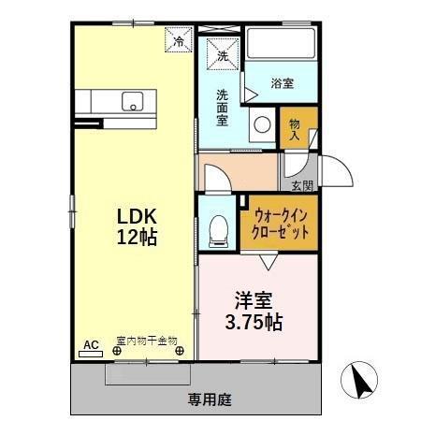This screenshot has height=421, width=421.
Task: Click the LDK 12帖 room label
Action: pyautogui.click(x=136, y=224)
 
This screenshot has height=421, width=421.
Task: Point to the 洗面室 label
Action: pyautogui.click(x=223, y=108)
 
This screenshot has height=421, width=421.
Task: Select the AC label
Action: pyautogui.click(x=91, y=345)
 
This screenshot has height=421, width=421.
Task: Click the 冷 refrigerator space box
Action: pyautogui.click(x=179, y=40)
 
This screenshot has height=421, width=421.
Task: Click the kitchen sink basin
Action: pyautogui.click(x=131, y=100)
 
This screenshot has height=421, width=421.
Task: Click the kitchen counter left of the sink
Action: pyautogui.click(x=94, y=100)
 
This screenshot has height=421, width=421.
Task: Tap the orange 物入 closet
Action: pyautogui.click(x=298, y=129)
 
